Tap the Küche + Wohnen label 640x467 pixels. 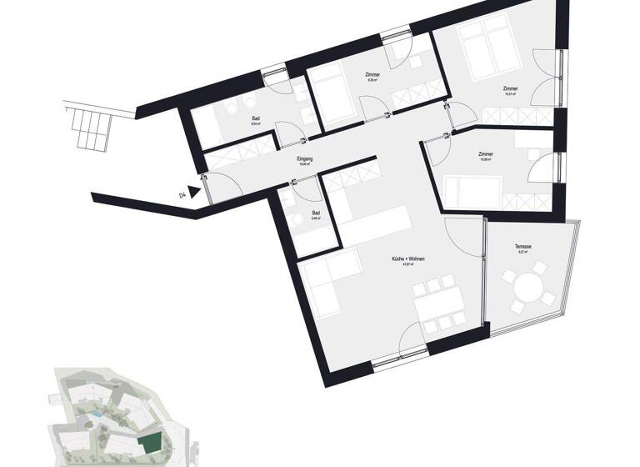[408, 260]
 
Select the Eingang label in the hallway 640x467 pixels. [304, 158]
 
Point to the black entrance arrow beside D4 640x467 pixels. [197, 191]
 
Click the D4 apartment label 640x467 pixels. [182, 195]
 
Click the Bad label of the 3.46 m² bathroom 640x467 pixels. [316, 213]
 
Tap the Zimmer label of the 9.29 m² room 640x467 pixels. [372, 75]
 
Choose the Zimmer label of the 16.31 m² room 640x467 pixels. [510, 88]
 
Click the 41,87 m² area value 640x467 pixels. [408, 267]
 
